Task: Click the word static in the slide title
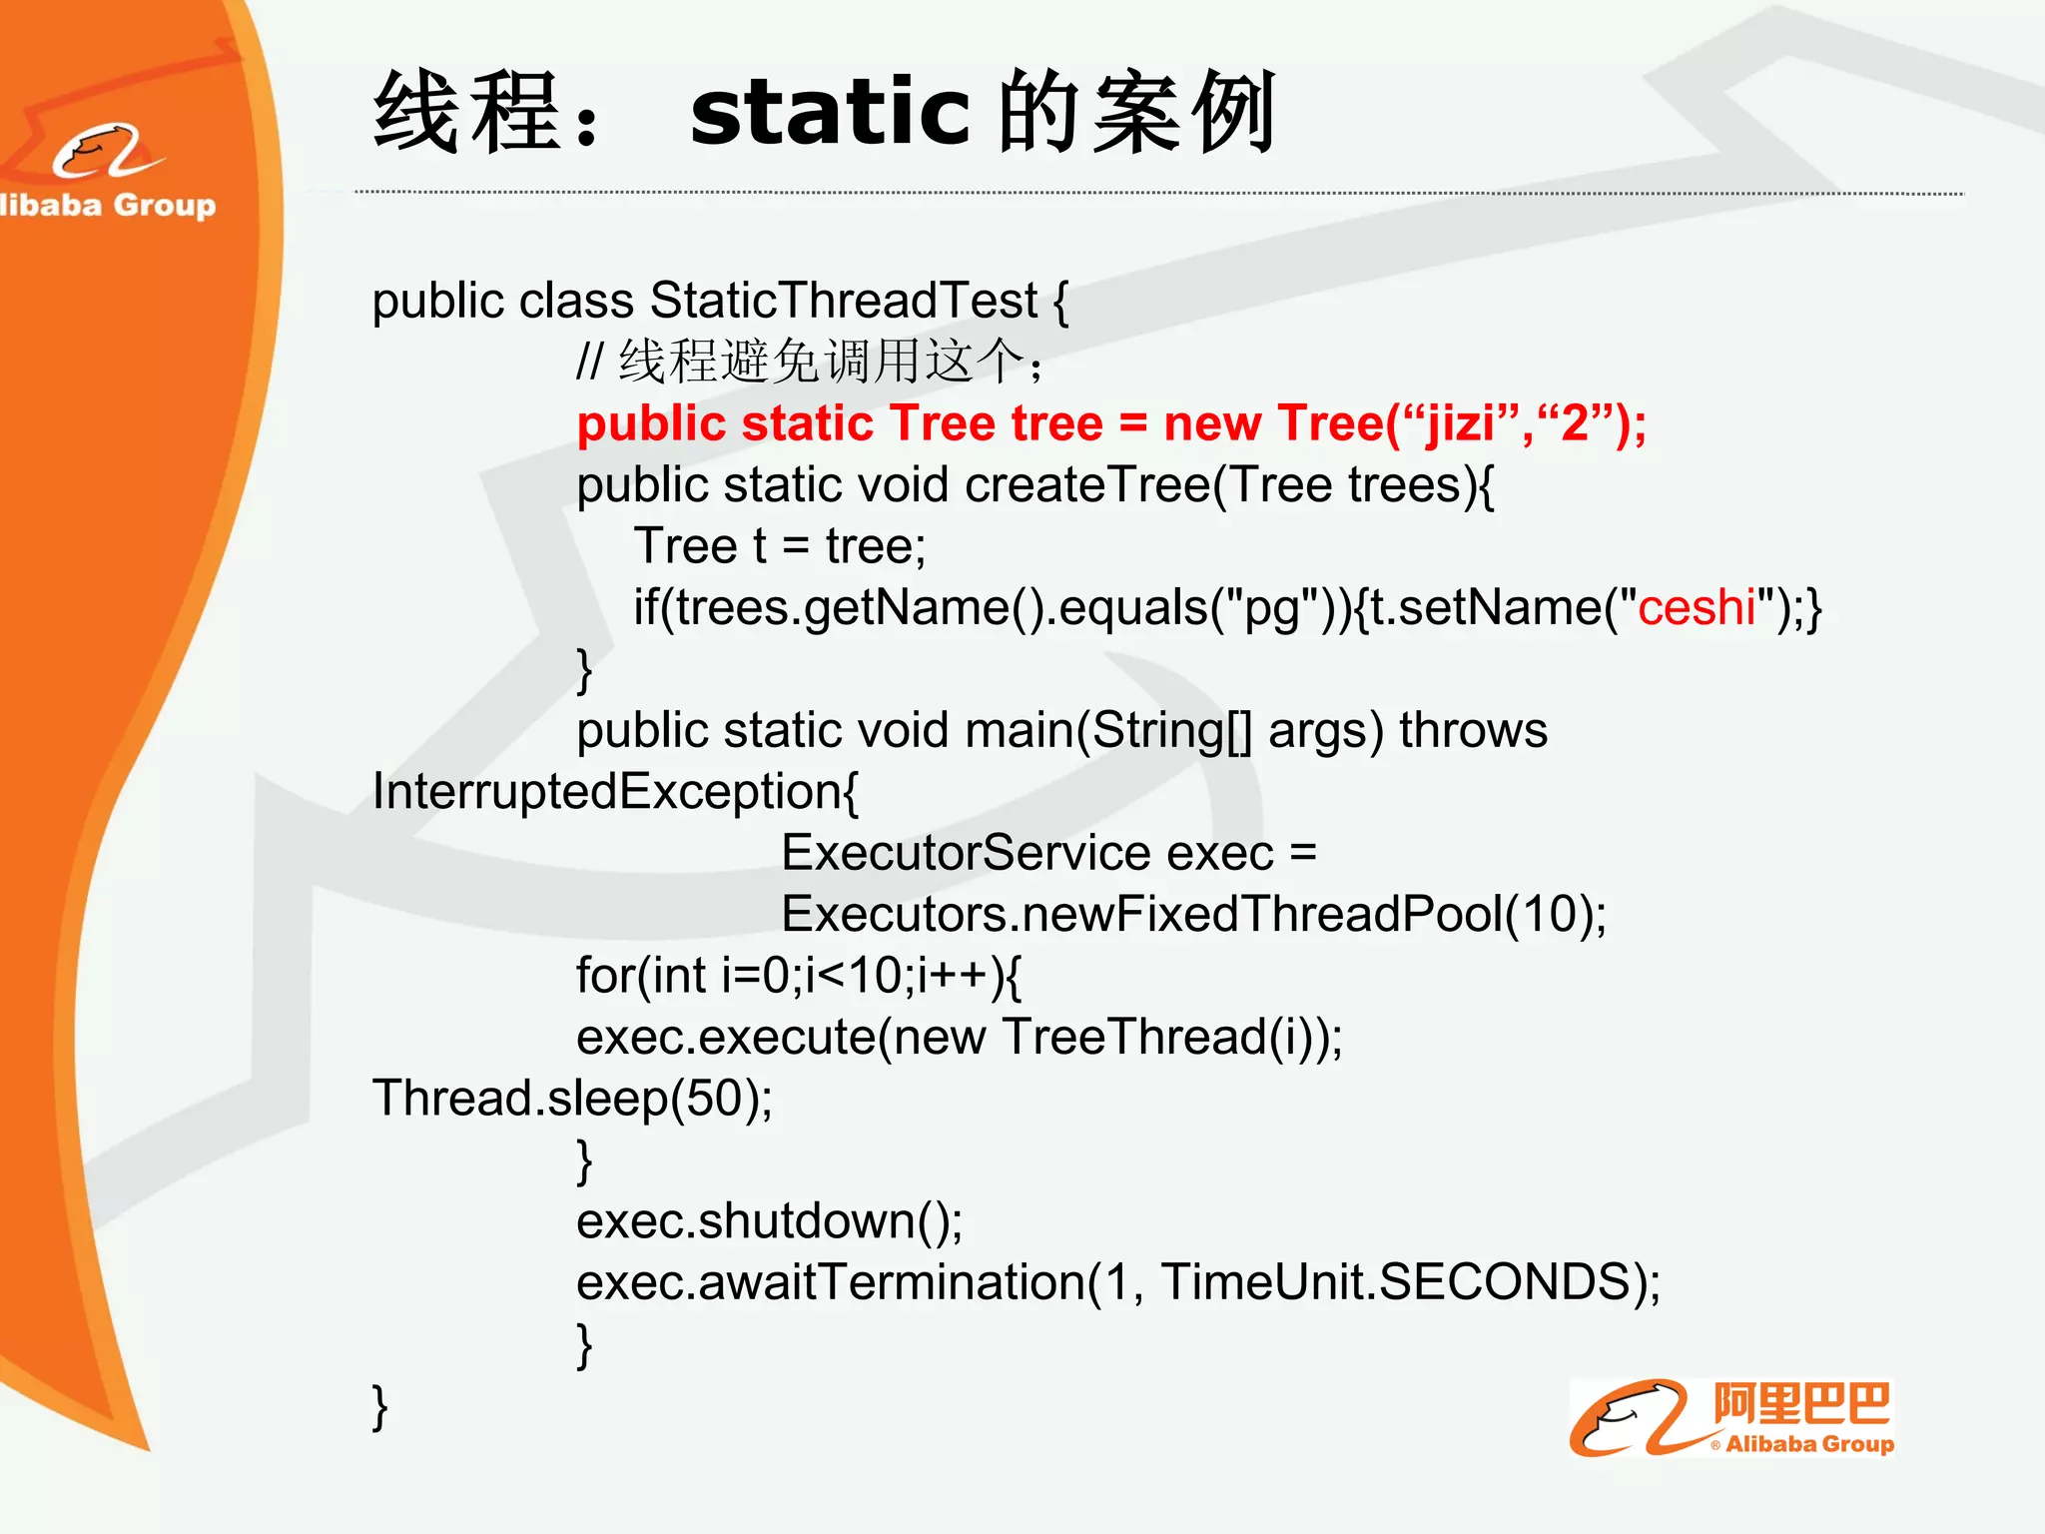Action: coord(829,112)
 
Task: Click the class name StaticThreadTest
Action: coord(844,301)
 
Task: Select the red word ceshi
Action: coord(1697,607)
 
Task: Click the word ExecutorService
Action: coord(966,854)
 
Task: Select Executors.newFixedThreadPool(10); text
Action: coord(1193,915)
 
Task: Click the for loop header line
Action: coord(799,976)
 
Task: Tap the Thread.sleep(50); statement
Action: coord(572,1099)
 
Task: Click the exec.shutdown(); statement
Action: coord(769,1221)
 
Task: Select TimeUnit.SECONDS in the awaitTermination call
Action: coord(1395,1282)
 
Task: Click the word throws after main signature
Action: coord(1473,731)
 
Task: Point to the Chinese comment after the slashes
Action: coord(829,362)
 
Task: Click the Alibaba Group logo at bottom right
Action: coord(1730,1419)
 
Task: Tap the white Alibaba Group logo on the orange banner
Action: coord(108,170)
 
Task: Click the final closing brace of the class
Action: coord(379,1406)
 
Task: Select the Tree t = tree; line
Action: coord(780,546)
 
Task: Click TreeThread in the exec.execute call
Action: coord(1133,1038)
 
